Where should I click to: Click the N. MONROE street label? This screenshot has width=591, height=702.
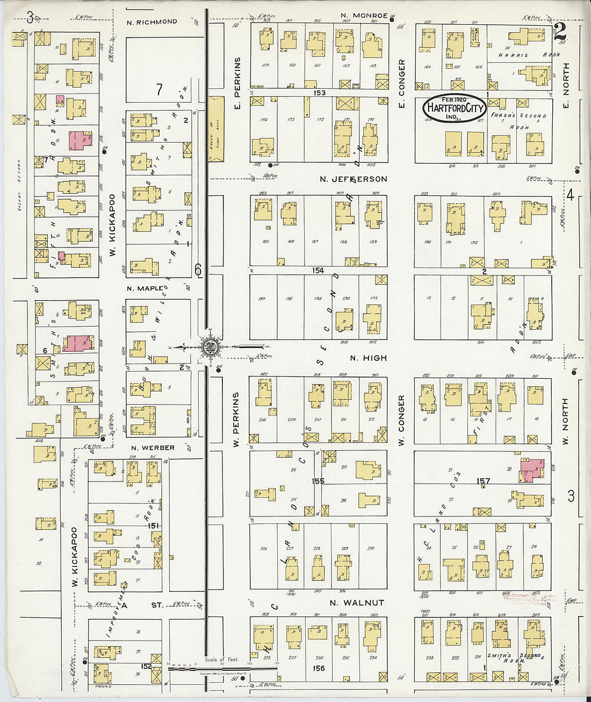point(364,16)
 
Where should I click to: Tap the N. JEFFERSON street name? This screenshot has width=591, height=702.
point(353,179)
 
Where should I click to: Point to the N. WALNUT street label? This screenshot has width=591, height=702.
point(357,603)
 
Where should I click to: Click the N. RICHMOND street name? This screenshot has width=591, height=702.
point(152,22)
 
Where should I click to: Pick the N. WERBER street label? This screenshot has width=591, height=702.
point(153,448)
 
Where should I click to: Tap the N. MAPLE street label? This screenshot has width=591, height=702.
point(145,289)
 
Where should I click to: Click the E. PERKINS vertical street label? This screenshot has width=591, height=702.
point(237,81)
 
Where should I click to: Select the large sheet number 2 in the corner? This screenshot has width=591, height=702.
point(560,31)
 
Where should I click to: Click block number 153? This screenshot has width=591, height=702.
point(319,93)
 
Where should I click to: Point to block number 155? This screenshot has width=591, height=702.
point(318,481)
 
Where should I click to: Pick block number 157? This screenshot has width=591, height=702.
point(483,481)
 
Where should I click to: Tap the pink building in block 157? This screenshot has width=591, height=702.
point(531,469)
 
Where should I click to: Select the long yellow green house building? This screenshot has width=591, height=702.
point(215,129)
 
